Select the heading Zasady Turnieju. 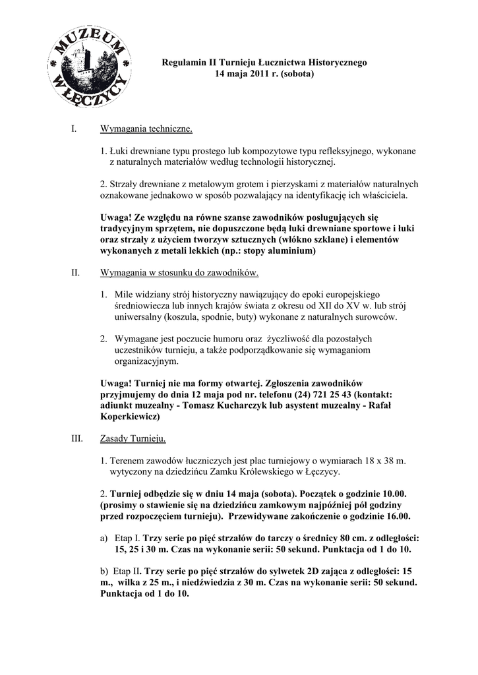(133, 438)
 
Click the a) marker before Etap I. (104, 539)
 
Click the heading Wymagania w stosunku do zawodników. (179, 272)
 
